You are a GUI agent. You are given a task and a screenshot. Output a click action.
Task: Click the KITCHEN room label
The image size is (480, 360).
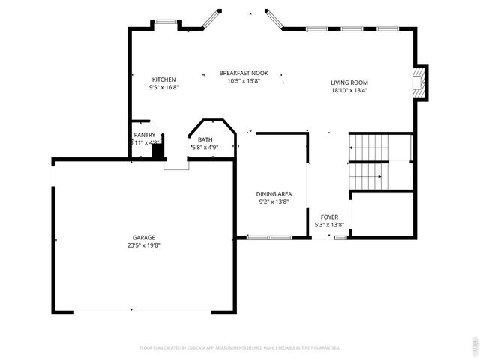pyautogui.click(x=163, y=79)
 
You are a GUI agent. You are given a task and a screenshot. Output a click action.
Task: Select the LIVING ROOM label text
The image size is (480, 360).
pyautogui.click(x=349, y=82)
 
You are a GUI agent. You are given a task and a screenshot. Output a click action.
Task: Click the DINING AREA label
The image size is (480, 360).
pyautogui.click(x=273, y=193)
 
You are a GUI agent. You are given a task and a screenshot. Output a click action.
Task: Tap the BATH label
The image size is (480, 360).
pyautogui.click(x=205, y=139)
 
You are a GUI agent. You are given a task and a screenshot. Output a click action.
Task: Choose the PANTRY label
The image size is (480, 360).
pyautogui.click(x=145, y=135)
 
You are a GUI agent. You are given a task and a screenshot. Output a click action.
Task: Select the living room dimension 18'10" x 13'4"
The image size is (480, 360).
pyautogui.click(x=349, y=90)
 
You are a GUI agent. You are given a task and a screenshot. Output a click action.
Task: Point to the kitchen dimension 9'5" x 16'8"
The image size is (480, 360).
pyautogui.click(x=163, y=87)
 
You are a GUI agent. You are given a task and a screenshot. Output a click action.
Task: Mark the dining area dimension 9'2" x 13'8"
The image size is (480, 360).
pyautogui.click(x=273, y=201)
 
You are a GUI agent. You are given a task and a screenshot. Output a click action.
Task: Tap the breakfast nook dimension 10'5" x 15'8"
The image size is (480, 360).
pyautogui.click(x=244, y=80)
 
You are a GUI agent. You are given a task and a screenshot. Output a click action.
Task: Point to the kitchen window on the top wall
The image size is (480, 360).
pyautogui.click(x=165, y=22)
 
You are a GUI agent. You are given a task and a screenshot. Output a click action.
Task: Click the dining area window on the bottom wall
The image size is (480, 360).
pyautogui.click(x=270, y=238)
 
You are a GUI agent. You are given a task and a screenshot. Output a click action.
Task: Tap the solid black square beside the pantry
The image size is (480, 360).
pyautogui.click(x=157, y=151)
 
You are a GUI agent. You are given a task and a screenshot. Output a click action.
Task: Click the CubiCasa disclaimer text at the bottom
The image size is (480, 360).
pyautogui.click(x=240, y=348)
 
